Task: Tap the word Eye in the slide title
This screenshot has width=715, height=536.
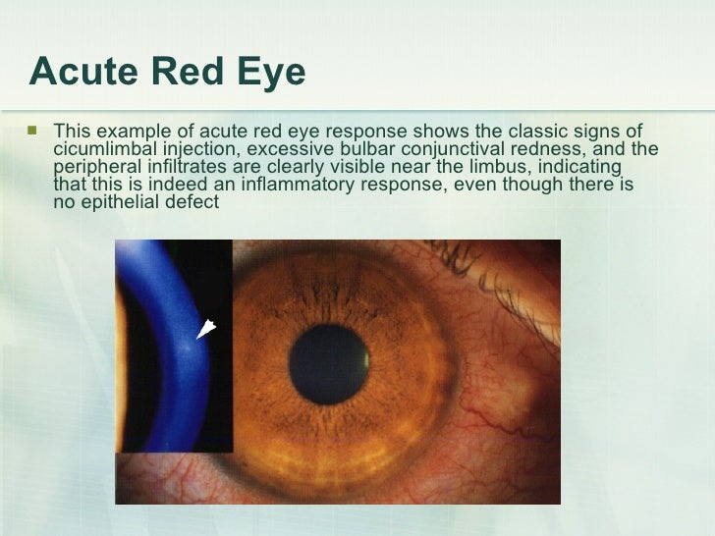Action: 270,72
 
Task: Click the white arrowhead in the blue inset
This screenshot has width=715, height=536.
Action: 207,330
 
